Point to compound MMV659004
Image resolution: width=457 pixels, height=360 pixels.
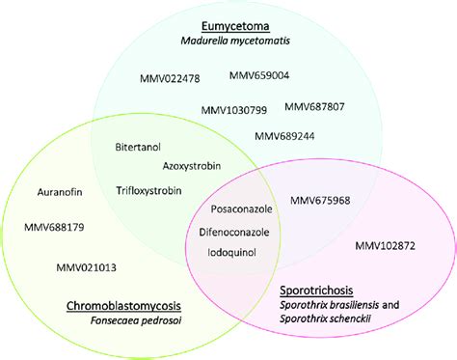(x=260, y=75)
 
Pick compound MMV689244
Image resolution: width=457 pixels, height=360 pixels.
(x=287, y=137)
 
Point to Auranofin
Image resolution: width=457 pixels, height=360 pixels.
(x=59, y=192)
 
